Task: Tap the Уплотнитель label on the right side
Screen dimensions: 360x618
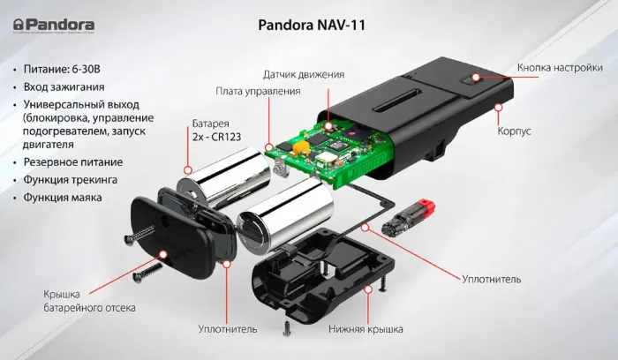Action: point(491,279)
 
